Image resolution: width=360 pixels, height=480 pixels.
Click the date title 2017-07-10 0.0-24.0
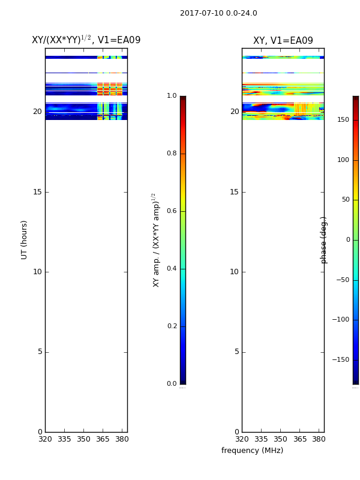click(218, 13)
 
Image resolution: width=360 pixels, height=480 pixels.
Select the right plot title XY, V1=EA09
click(283, 40)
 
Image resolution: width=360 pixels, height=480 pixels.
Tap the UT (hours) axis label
click(24, 240)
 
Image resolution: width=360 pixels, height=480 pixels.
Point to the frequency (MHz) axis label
click(252, 451)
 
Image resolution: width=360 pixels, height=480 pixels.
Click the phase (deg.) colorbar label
click(323, 240)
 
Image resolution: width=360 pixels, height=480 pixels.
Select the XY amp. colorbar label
click(156, 240)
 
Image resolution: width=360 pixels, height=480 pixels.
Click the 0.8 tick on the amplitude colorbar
click(172, 154)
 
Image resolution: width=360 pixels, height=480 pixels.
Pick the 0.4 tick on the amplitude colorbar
click(172, 268)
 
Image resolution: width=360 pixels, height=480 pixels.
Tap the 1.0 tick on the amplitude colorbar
click(172, 96)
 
